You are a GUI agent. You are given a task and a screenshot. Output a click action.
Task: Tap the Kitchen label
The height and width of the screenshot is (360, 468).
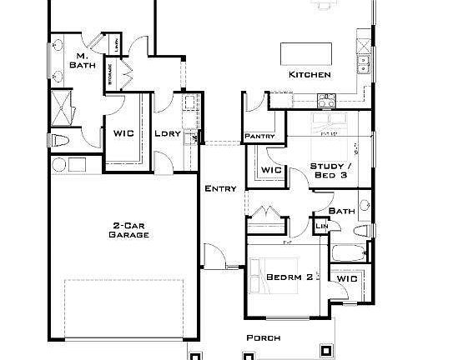click(310, 75)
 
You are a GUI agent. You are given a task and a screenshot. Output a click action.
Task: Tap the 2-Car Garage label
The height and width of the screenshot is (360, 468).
click(129, 230)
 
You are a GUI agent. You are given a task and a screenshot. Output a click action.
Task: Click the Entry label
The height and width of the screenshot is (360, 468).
click(220, 188)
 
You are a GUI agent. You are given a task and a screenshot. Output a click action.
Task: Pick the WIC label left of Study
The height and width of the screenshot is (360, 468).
click(271, 170)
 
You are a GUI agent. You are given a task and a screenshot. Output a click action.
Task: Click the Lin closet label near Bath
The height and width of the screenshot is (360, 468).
click(321, 225)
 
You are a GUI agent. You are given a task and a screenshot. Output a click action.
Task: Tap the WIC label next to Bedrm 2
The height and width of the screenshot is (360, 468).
click(347, 278)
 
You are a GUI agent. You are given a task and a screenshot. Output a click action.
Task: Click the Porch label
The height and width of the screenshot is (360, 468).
click(263, 338)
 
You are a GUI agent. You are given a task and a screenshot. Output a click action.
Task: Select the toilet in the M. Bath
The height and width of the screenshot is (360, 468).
click(62, 140)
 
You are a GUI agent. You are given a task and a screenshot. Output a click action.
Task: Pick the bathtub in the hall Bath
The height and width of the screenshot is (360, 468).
click(348, 253)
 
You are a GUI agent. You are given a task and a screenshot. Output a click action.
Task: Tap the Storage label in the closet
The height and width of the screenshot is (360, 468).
click(109, 74)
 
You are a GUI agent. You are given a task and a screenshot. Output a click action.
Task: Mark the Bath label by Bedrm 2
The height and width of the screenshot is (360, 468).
click(342, 212)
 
